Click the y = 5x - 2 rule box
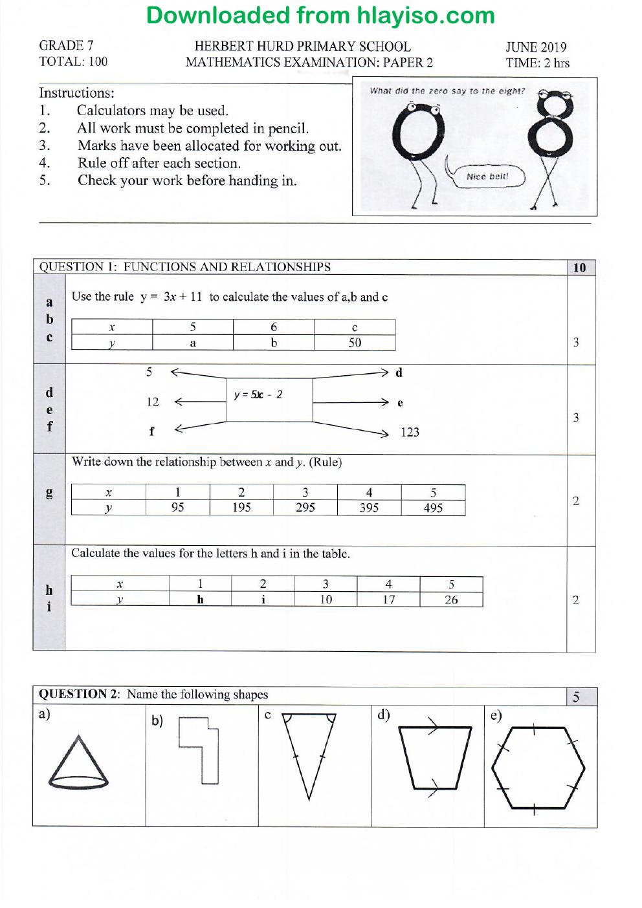click(269, 400)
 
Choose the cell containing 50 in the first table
click(355, 343)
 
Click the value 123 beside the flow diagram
click(410, 432)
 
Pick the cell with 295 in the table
click(305, 508)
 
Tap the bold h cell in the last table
click(201, 599)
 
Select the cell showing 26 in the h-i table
click(451, 600)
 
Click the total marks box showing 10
click(581, 268)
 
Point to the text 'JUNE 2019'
click(536, 47)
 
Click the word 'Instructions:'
click(76, 93)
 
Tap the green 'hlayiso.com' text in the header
click(426, 16)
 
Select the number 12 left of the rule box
click(153, 402)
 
